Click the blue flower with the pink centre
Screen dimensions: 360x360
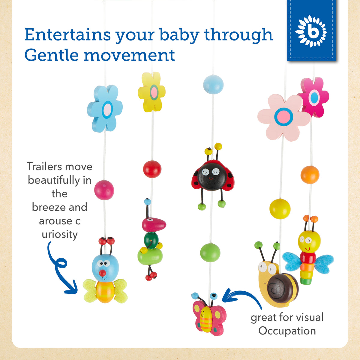(x=105, y=109)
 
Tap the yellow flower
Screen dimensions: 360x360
(x=152, y=92)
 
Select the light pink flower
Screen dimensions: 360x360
(x=283, y=117)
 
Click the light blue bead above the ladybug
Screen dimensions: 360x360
(x=213, y=84)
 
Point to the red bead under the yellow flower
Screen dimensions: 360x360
(x=152, y=169)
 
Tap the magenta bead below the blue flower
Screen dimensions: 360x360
(x=104, y=190)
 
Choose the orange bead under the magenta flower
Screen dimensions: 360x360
(x=310, y=175)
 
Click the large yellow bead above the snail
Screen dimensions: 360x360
(x=280, y=209)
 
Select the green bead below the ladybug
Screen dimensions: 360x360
(x=210, y=253)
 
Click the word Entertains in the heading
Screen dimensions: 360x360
(x=67, y=34)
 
